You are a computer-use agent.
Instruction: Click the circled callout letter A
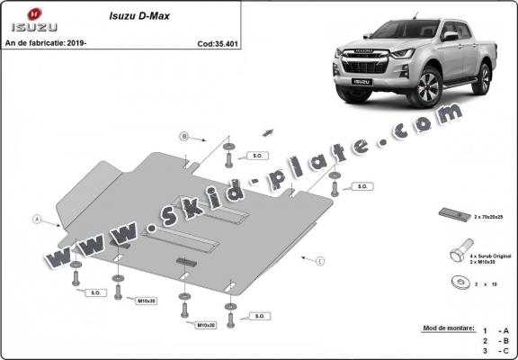click(x=37, y=219)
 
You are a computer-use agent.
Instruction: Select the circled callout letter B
click(x=184, y=137)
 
